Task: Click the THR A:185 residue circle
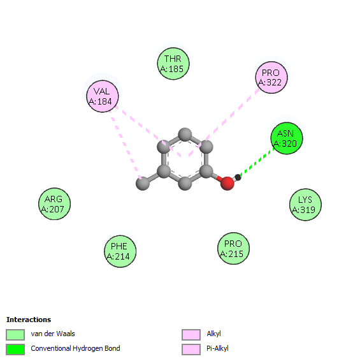click(173, 64)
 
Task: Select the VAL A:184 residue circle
click(103, 96)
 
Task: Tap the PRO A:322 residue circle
click(271, 77)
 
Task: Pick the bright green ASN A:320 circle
click(286, 138)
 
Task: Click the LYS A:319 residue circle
click(305, 205)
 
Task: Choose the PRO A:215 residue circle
click(233, 248)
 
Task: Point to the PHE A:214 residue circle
click(120, 251)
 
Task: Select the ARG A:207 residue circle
click(54, 203)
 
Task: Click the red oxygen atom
click(227, 184)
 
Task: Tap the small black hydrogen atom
click(238, 177)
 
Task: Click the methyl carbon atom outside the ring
click(143, 184)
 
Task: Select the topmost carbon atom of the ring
click(185, 134)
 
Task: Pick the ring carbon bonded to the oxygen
click(206, 172)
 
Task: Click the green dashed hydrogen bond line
click(257, 162)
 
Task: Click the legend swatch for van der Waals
click(15, 334)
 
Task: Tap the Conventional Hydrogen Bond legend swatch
click(15, 350)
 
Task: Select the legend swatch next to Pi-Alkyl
click(191, 350)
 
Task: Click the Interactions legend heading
click(29, 320)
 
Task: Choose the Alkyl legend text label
click(213, 334)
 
